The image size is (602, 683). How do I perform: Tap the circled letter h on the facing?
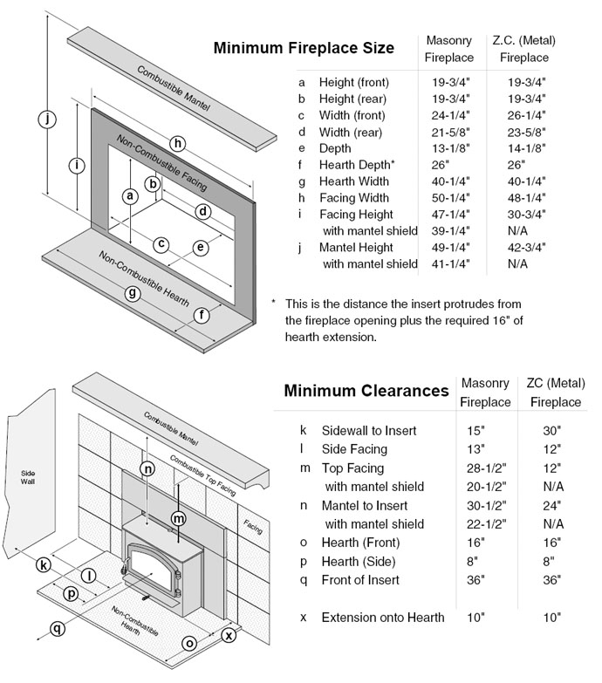[178, 143]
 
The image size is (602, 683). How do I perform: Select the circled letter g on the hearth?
[133, 293]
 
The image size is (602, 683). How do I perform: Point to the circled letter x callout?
[229, 635]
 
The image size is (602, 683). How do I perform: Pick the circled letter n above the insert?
[148, 469]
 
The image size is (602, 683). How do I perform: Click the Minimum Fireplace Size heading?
[304, 48]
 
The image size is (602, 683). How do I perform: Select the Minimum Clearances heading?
[366, 391]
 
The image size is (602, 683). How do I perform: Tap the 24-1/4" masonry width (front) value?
[449, 115]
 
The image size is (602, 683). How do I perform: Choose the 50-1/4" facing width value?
[449, 198]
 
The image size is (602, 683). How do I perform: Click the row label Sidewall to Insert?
[369, 430]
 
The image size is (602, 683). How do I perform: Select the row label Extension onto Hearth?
[383, 618]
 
